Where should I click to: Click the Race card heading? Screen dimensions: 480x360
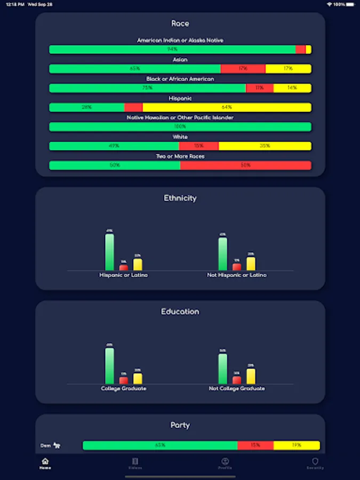point(180,23)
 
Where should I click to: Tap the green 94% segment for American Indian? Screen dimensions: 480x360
point(172,50)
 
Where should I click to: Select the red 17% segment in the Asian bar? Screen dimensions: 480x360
point(243,69)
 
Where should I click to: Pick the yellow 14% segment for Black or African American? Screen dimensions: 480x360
point(292,88)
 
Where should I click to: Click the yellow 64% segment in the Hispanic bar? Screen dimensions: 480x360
point(227,107)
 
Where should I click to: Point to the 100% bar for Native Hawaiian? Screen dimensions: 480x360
point(180,127)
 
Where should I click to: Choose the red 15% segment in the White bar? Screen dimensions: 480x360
point(198,146)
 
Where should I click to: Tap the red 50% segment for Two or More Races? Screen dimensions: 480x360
point(245,165)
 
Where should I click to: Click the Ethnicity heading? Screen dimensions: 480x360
point(180,198)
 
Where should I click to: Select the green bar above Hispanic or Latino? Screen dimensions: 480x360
point(109,252)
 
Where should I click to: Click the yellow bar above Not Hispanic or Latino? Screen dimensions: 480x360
point(251,263)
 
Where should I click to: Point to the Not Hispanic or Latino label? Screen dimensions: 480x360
point(237,275)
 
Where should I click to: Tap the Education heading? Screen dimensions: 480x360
point(180,311)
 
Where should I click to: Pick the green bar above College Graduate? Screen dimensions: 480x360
point(109,366)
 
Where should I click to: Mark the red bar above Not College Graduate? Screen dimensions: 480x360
point(237,380)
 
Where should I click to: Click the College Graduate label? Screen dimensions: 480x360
point(124,389)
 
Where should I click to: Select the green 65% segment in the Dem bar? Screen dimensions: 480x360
point(160,445)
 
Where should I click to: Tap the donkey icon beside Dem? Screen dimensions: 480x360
point(57,445)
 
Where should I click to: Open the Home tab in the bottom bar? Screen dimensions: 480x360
point(45,463)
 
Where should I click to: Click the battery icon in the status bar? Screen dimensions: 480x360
point(351,4)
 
